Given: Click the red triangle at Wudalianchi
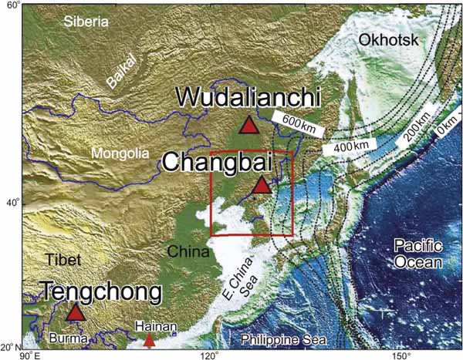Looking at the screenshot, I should point(248,125).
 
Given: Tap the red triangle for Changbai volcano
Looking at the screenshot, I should point(262,185).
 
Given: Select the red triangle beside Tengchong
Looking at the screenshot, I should point(75,312).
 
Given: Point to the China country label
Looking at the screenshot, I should point(188,252).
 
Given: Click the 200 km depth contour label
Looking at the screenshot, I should point(415,137).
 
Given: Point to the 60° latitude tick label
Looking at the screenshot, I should point(12,6).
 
